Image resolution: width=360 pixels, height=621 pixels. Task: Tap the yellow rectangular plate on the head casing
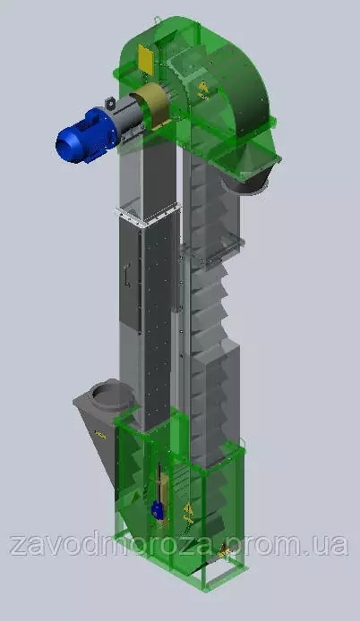pyautogui.click(x=144, y=58)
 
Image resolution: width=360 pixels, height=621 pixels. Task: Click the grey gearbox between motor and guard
pyautogui.click(x=128, y=115)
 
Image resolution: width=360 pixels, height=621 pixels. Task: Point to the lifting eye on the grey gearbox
pyautogui.click(x=109, y=103)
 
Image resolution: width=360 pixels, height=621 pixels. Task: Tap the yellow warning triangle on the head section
pyautogui.click(x=203, y=86)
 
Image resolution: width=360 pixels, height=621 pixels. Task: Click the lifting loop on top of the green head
pyautogui.click(x=158, y=18)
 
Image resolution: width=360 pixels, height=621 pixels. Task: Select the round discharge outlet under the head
pyautogui.click(x=244, y=183)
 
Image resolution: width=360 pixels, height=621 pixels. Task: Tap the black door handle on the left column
pyautogui.click(x=125, y=274)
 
